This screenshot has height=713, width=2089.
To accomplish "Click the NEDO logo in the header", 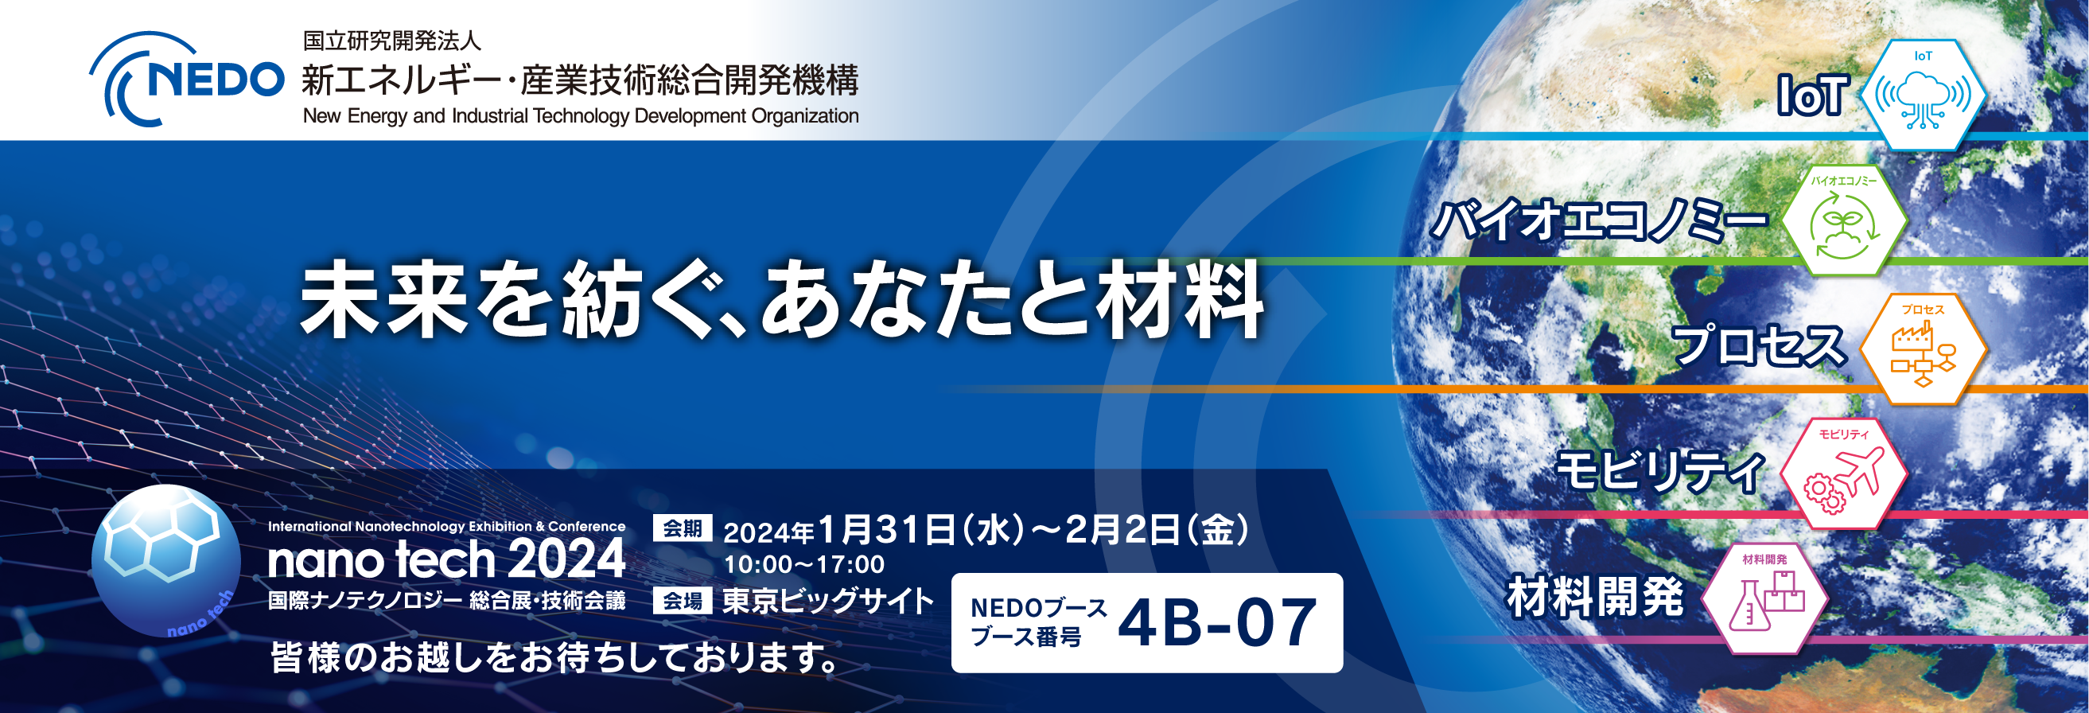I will (186, 80).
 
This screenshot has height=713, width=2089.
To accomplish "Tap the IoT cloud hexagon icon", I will (1923, 95).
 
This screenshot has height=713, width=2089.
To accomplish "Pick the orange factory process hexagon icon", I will (1923, 349).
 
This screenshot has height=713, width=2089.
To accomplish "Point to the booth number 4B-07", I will (1216, 623).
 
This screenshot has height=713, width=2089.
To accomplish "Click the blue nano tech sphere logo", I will (165, 560).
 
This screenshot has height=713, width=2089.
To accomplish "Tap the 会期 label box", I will (682, 529).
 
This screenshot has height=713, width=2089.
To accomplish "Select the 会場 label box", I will (682, 601).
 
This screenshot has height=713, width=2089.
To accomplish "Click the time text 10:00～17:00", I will (803, 564).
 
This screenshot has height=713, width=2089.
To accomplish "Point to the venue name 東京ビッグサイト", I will (828, 601).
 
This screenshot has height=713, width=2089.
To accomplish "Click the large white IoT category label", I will (1811, 95).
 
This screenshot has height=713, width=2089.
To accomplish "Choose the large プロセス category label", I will (1758, 345).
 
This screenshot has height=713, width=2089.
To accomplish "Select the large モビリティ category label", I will (1659, 471).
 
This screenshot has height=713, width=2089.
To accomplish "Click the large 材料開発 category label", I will (1595, 598).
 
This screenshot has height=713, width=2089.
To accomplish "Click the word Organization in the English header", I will (804, 116).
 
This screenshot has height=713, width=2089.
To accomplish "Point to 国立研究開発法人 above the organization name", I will (391, 41).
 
